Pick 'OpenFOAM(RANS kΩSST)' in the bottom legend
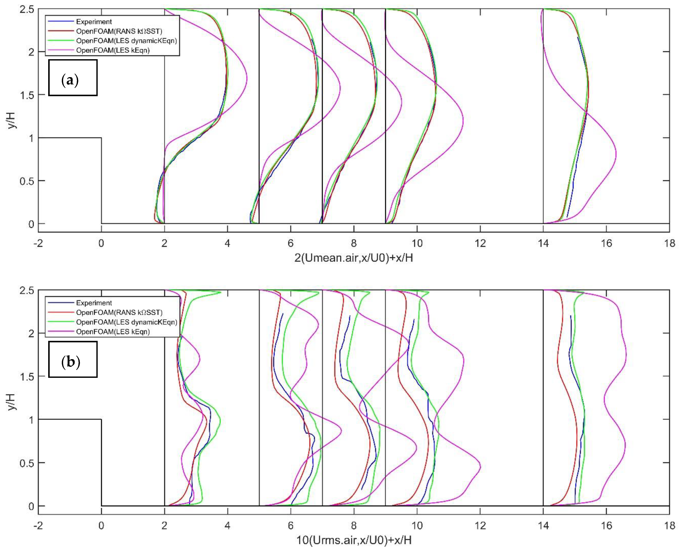(x=119, y=312)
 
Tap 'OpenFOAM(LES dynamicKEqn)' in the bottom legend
(x=126, y=322)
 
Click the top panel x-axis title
(x=354, y=258)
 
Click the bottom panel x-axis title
(x=354, y=540)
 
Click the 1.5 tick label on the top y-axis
(x=27, y=95)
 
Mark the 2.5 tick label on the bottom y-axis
(x=27, y=291)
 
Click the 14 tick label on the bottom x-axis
(x=543, y=525)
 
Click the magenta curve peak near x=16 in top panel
(x=616, y=154)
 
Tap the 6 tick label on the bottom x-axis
(x=290, y=525)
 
